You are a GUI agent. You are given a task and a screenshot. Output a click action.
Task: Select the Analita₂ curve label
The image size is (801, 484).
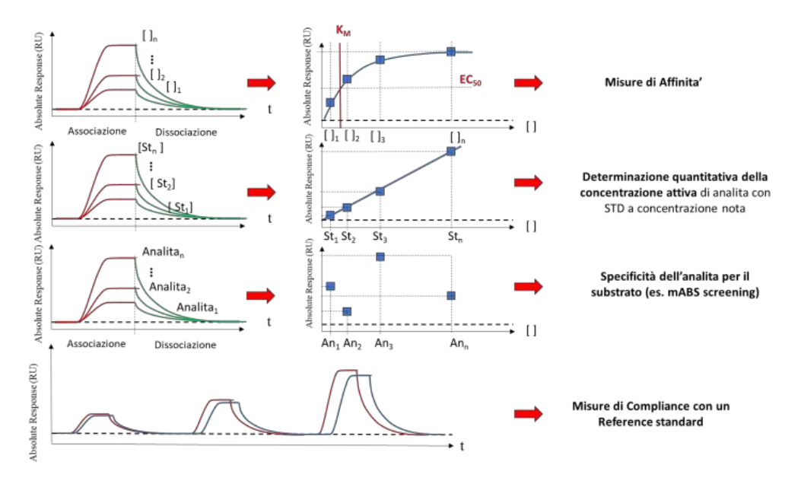click(x=169, y=289)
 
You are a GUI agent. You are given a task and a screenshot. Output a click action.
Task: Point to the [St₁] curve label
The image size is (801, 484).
click(x=180, y=206)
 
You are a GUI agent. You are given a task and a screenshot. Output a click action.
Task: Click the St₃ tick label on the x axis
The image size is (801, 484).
click(x=380, y=236)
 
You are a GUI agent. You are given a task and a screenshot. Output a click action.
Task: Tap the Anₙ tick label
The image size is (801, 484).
click(x=457, y=345)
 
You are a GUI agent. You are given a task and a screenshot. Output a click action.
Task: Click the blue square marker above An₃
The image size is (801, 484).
click(x=380, y=256)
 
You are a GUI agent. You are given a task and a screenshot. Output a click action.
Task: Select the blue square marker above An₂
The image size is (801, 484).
click(x=348, y=311)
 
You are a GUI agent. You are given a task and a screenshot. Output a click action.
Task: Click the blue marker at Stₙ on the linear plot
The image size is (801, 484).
click(x=451, y=151)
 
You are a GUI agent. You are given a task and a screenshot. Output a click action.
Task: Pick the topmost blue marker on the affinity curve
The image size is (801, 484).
click(x=451, y=51)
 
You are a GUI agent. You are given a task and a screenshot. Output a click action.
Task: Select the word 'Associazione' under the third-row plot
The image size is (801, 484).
click(x=96, y=344)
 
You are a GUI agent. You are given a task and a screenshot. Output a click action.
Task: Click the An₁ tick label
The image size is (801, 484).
click(x=329, y=345)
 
